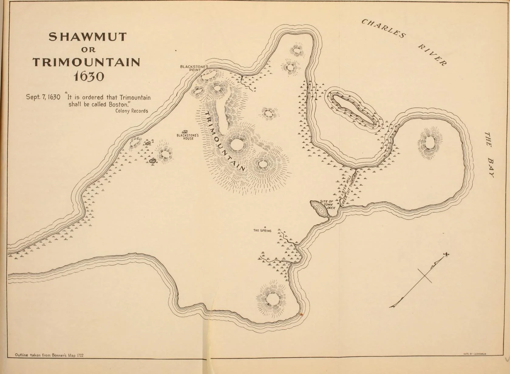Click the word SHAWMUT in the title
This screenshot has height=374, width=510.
(x=88, y=37)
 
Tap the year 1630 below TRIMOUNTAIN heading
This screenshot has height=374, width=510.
(x=89, y=76)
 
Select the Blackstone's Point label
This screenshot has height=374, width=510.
(x=194, y=68)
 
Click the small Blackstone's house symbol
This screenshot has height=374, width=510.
(x=185, y=132)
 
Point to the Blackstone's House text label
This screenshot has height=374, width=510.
(x=188, y=137)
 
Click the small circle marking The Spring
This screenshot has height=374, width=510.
(x=265, y=227)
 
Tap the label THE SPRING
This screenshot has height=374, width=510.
(x=262, y=231)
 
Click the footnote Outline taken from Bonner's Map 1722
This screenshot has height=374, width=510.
(x=49, y=355)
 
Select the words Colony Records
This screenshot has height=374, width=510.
(x=131, y=111)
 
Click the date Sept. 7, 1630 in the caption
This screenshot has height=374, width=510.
(x=43, y=98)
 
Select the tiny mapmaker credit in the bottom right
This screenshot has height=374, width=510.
(x=475, y=354)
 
